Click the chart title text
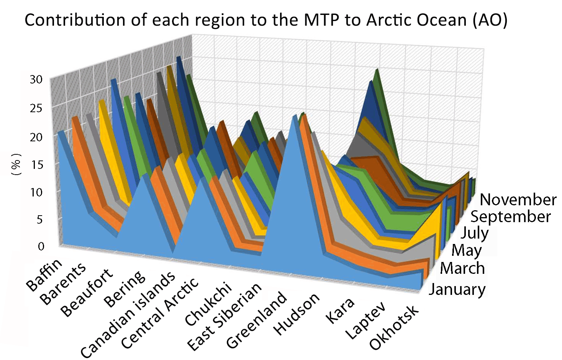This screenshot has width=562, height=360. [266, 20]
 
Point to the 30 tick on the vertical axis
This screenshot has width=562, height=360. [36, 79]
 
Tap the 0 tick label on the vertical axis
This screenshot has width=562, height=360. [41, 246]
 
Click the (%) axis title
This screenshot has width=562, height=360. [16, 165]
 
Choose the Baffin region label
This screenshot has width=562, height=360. [44, 274]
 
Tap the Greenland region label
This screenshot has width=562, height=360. [256, 320]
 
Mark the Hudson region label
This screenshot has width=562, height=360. [296, 314]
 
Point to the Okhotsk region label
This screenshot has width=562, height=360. [394, 327]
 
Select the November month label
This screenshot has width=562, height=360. [518, 200]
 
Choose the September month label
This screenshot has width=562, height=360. [510, 216]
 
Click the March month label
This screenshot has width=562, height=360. [462, 268]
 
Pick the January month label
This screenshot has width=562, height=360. [457, 289]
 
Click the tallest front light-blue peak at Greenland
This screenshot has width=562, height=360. [295, 117]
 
